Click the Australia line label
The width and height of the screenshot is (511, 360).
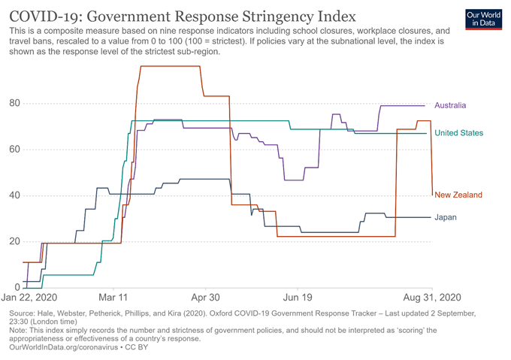click(451, 105)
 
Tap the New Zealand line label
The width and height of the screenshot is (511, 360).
click(458, 195)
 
